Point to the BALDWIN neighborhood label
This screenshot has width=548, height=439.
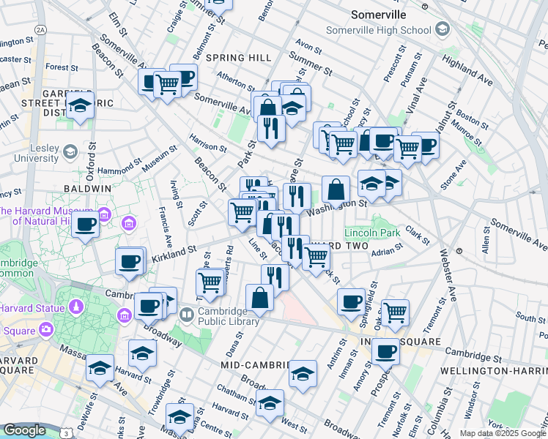click(87, 188)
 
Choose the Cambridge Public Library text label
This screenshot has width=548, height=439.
click(219, 316)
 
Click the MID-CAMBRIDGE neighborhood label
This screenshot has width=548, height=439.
click(253, 364)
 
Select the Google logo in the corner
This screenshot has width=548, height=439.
click(24, 430)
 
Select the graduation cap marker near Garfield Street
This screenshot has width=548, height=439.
click(80, 106)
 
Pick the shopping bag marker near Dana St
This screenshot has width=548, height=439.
click(259, 298)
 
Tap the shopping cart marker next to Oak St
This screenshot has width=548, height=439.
click(395, 312)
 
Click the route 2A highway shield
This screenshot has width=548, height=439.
click(40, 29)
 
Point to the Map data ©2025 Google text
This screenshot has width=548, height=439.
click(502, 433)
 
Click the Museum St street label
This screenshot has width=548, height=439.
click(160, 159)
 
